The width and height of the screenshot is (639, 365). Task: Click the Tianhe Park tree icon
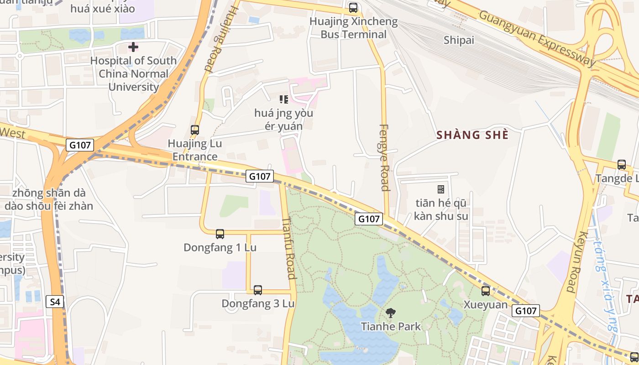point(390,313)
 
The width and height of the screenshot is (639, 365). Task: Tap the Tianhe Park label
point(391,326)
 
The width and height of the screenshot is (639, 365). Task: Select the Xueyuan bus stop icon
point(486,291)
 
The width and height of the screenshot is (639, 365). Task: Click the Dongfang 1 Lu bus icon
point(220,234)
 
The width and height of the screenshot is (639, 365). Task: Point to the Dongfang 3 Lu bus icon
point(258,290)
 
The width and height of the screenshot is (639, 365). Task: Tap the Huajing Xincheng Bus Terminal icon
point(353,8)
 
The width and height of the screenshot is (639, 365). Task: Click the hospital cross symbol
point(133,47)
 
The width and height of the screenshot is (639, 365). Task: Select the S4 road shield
point(55,302)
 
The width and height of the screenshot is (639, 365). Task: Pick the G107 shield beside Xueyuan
point(526,311)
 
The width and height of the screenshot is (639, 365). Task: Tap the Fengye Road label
point(384,157)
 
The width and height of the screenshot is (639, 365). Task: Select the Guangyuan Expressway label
point(537,38)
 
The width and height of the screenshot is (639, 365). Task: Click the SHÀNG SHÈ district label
point(472,135)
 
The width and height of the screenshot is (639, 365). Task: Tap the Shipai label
point(459,40)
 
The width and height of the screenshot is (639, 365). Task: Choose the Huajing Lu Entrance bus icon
point(195,130)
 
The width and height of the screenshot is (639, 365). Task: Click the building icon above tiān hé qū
point(441,189)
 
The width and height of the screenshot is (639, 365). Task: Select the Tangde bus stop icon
point(621,165)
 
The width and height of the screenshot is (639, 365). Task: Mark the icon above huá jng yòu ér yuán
point(284,99)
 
